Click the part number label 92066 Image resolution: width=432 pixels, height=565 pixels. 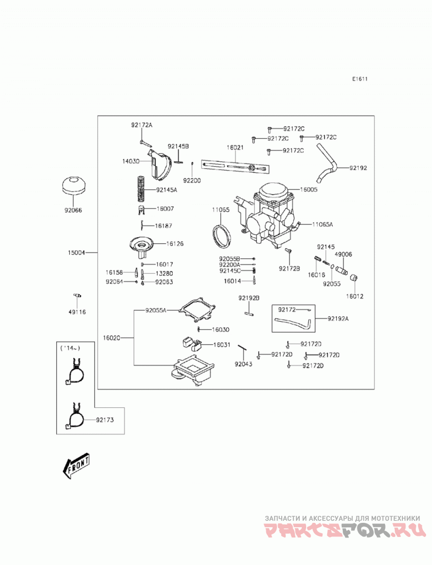73,210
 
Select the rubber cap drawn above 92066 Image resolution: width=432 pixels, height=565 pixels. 73,185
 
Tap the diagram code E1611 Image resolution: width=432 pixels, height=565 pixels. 360,79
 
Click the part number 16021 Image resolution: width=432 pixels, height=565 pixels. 235,147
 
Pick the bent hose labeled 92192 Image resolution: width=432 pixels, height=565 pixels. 327,163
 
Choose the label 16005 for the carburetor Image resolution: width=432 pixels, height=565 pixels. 309,189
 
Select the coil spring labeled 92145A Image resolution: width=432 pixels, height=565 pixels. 141,188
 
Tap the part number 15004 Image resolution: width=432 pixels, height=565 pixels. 77,253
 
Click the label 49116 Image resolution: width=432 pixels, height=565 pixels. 77,312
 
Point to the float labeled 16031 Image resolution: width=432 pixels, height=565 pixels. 192,343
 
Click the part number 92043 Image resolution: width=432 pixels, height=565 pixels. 244,364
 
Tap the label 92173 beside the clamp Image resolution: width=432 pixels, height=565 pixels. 105,420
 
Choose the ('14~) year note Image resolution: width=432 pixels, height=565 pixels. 70,348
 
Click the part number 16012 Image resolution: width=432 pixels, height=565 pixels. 355,297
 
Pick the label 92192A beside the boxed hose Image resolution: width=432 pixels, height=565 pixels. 338,318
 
